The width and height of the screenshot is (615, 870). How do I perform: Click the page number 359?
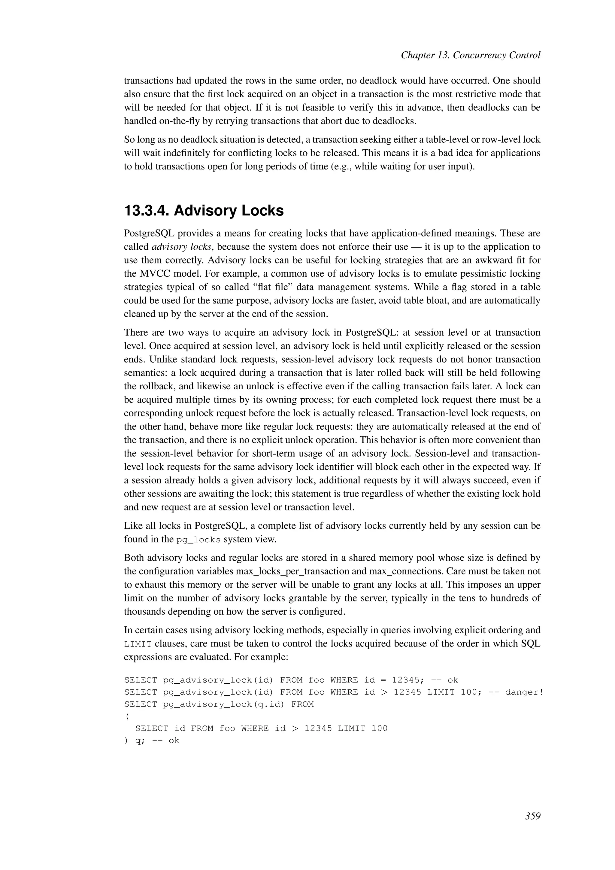[x=532, y=816]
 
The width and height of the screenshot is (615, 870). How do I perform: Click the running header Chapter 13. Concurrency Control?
[x=470, y=55]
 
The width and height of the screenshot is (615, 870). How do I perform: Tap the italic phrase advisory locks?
[x=181, y=247]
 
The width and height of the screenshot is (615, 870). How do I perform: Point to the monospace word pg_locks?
[x=198, y=540]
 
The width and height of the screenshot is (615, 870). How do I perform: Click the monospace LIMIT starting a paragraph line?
[x=138, y=644]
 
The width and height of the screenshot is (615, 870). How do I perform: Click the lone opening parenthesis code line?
[x=126, y=716]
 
